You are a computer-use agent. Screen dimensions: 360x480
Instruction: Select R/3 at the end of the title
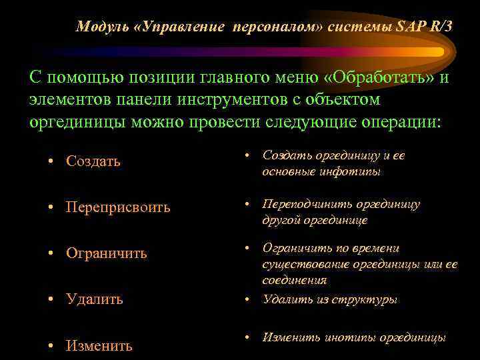pos(436,27)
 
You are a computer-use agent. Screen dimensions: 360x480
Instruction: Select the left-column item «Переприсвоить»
pos(118,207)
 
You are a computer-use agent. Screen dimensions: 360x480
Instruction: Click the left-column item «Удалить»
pos(94,299)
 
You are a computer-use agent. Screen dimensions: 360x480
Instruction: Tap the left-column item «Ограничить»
pos(106,253)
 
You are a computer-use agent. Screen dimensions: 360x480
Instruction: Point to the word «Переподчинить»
pos(307,204)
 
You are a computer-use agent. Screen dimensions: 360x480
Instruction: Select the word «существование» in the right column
pos(301,265)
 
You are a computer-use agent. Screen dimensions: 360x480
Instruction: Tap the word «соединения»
pos(291,281)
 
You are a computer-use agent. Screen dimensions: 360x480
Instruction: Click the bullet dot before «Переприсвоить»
pos(51,207)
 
